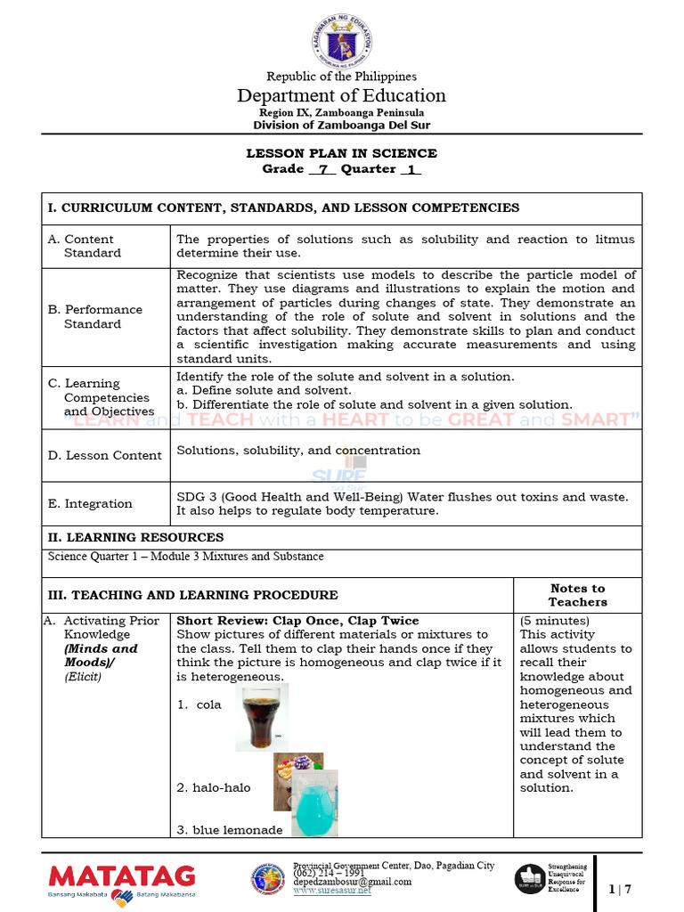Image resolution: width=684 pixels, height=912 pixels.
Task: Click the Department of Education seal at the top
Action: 341,39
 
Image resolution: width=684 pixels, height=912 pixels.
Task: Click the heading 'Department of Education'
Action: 341,95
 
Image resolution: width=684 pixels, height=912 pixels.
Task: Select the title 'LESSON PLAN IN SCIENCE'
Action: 341,153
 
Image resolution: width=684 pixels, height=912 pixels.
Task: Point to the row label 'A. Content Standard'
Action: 85,246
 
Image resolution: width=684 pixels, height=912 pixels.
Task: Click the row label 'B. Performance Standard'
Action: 94,316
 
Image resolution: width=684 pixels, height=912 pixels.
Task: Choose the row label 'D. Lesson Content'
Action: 104,455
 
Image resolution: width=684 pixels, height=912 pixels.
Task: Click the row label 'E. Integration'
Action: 90,503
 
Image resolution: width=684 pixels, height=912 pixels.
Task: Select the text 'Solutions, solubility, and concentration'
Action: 298,451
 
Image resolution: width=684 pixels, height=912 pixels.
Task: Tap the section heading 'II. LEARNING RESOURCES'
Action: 135,537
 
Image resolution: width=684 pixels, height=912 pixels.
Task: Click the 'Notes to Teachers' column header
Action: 577,595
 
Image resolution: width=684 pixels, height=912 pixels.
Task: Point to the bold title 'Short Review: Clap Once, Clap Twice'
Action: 297,621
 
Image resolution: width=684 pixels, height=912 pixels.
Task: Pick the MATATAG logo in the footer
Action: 121,879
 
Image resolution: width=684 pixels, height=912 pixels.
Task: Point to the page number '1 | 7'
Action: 619,889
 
